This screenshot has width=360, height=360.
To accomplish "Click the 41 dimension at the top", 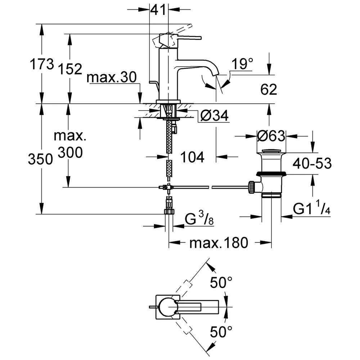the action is tap(158, 10).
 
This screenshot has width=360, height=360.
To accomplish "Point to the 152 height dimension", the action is tap(70, 69).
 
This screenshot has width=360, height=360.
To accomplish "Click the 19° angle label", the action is tap(242, 64).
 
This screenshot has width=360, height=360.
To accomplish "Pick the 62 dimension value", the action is tap(269, 89).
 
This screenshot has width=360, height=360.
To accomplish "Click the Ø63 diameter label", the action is tap(271, 136).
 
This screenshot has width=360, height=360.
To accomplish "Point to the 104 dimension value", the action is tap(192, 157).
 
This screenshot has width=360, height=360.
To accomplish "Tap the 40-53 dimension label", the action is tap(312, 163).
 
